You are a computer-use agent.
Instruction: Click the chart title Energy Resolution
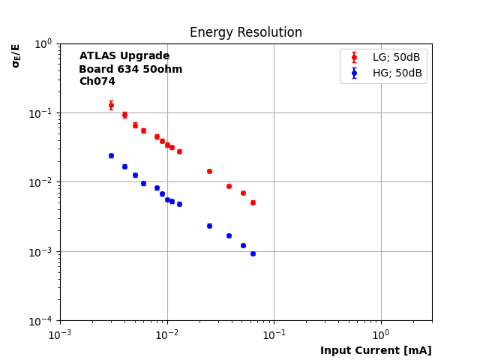[x=245, y=33]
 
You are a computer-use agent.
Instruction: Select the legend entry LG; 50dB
[x=397, y=57]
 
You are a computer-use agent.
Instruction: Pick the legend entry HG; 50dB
[x=397, y=73]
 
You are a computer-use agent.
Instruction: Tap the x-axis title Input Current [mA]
[x=376, y=350]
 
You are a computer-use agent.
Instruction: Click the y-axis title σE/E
[x=16, y=55]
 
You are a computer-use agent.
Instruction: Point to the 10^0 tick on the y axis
[x=43, y=43]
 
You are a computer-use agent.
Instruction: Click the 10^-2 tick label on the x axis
[x=167, y=334]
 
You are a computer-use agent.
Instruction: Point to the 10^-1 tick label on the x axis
[x=274, y=334]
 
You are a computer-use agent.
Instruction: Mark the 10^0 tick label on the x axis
[x=381, y=334]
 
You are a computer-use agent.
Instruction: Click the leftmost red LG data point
[x=111, y=105]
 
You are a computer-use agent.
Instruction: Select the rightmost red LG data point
[x=253, y=202]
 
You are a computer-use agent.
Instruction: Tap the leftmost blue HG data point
[x=111, y=155]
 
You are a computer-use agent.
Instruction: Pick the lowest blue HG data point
[x=253, y=253]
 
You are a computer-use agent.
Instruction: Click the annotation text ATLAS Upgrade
[x=124, y=56]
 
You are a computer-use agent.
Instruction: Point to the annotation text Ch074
[x=97, y=82]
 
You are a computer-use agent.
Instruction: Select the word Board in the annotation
[x=95, y=69]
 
